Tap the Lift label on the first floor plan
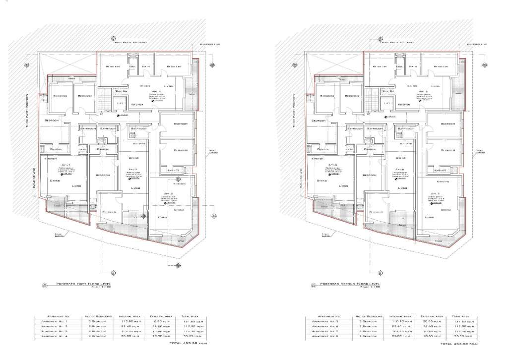click(x=120, y=103)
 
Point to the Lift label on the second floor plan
click(x=387, y=103)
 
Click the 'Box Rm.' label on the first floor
click(x=122, y=92)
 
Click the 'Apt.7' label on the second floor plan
click(x=435, y=194)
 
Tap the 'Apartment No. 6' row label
click(x=326, y=327)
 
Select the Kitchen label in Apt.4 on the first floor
click(x=137, y=105)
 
